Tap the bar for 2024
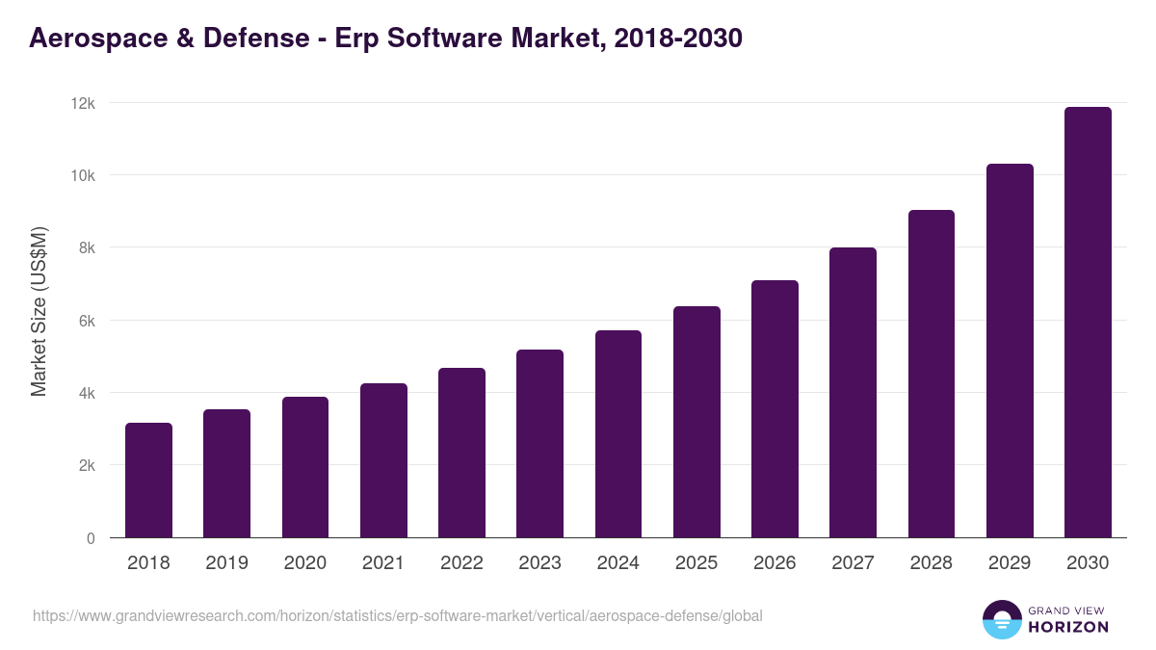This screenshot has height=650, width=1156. [x=618, y=433]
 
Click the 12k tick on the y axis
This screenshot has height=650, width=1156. [x=83, y=103]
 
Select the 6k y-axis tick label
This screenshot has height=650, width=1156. [x=86, y=321]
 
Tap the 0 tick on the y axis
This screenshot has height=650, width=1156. [x=91, y=538]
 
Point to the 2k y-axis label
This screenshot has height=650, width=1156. [x=86, y=465]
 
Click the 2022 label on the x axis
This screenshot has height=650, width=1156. [x=461, y=563]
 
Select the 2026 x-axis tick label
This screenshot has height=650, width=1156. [x=775, y=563]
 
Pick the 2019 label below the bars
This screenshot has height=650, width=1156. [x=226, y=563]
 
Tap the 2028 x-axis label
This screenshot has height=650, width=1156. [x=932, y=563]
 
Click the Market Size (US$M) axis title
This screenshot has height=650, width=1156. [x=39, y=312]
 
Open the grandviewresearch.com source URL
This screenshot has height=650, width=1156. [x=397, y=615]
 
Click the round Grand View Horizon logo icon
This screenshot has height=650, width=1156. [x=1001, y=619]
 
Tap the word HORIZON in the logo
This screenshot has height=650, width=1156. [x=1068, y=627]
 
